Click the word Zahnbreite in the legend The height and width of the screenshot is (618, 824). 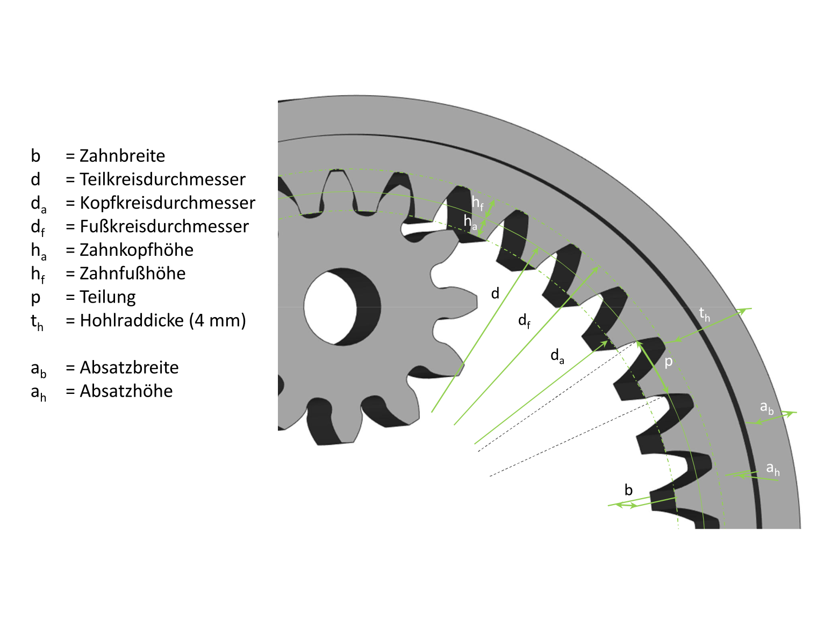point(122,156)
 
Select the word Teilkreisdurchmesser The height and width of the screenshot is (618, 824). point(162,179)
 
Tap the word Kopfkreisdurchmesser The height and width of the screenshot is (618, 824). point(167,203)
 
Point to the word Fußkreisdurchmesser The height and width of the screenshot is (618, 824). point(164,227)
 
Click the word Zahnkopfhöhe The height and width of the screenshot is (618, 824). point(137,250)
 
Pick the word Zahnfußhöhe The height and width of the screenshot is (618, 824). point(132,274)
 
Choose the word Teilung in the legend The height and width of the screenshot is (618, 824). point(108,297)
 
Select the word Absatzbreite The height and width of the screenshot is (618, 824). point(129,368)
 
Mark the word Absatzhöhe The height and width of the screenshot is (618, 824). point(126,391)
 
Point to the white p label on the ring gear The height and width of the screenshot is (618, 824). point(669,362)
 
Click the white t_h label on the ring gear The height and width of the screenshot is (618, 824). point(704,314)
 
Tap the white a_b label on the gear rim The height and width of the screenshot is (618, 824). point(766,408)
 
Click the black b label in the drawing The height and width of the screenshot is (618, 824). point(628,490)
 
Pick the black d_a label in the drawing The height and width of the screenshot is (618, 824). point(557,356)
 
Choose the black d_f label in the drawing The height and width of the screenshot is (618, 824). point(524,321)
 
